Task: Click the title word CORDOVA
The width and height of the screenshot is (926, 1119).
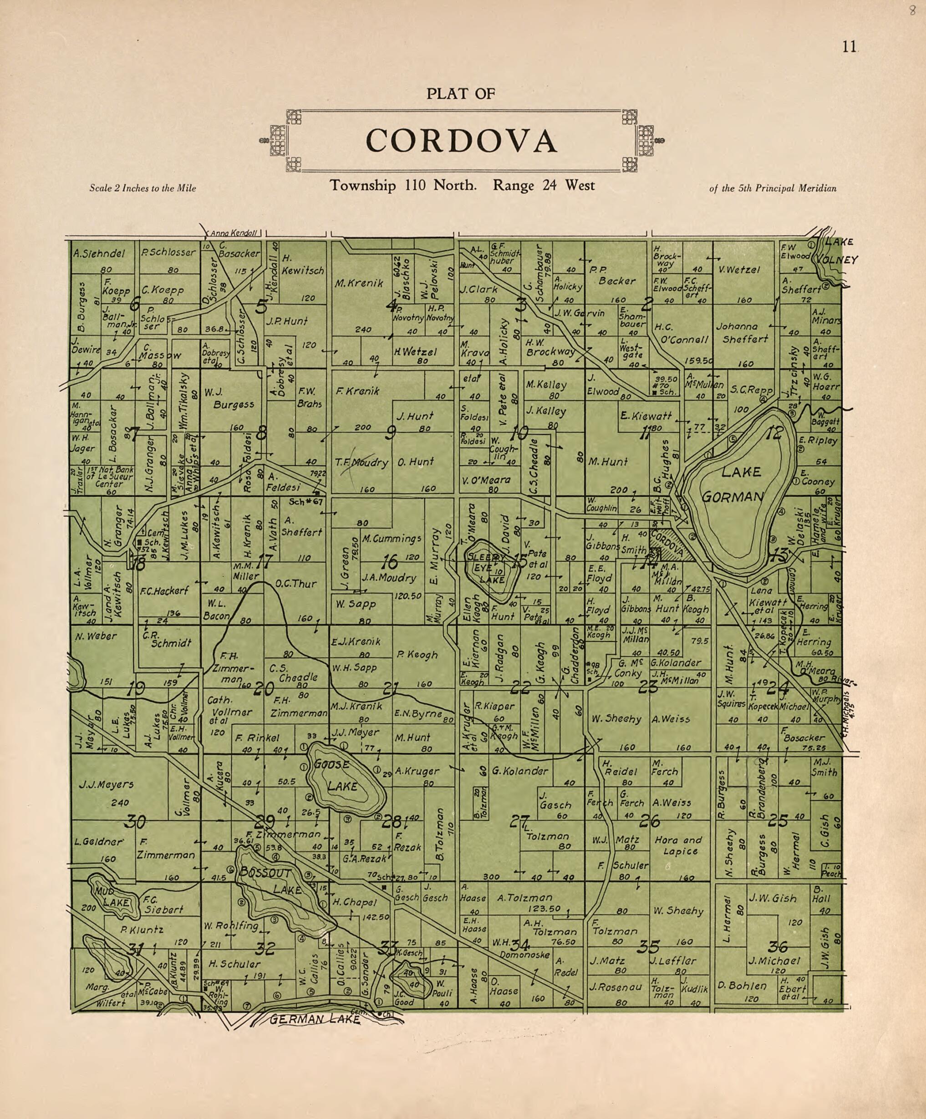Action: [461, 141]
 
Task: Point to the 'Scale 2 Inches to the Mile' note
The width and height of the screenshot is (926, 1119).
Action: [143, 188]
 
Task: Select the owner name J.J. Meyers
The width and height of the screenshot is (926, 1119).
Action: [106, 784]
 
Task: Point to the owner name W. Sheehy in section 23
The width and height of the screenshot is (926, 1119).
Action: [616, 719]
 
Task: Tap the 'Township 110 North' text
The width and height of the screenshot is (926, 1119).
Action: [403, 185]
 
